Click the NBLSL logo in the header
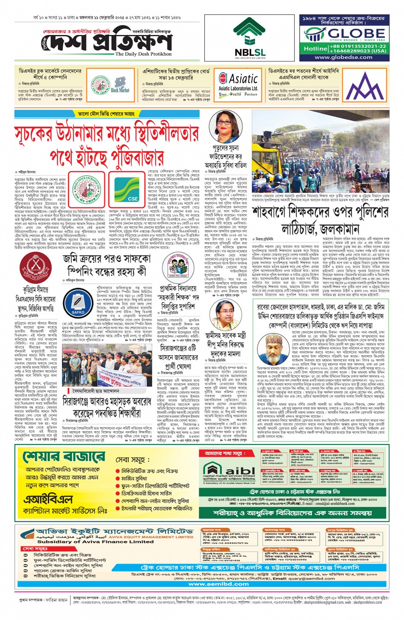click(x=250, y=38)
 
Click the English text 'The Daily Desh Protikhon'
click(x=143, y=54)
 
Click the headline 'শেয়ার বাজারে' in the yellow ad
click(x=64, y=456)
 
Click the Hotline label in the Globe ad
click(x=315, y=49)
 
